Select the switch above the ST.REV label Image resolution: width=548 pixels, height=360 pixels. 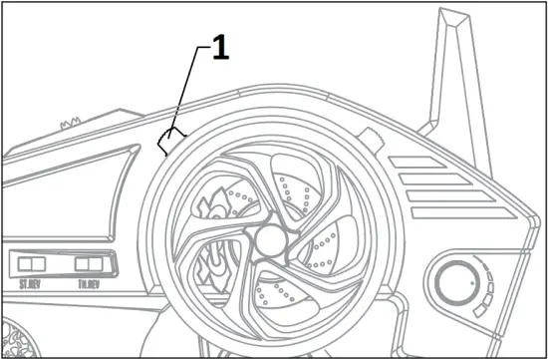(x=31, y=264)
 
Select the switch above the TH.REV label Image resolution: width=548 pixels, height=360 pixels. (x=90, y=264)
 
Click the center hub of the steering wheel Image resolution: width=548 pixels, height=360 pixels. (x=270, y=241)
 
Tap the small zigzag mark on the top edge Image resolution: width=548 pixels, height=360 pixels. (x=70, y=124)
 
